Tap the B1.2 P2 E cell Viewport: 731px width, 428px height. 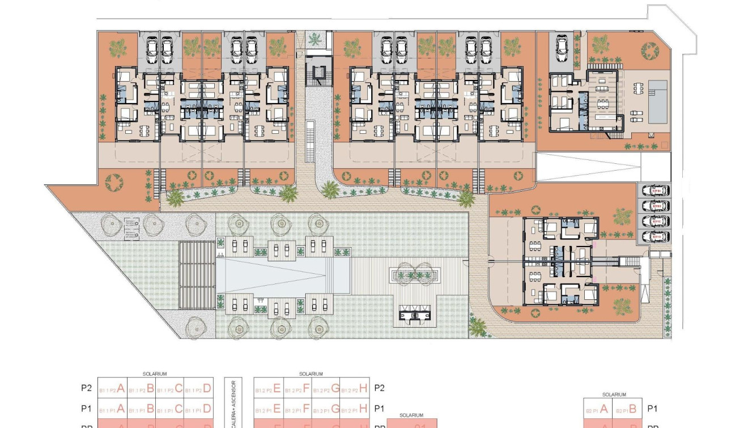coord(268,389)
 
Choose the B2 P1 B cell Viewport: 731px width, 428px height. coord(628,409)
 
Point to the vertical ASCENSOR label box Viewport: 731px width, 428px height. coord(233,402)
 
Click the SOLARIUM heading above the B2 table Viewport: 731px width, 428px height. coord(614,395)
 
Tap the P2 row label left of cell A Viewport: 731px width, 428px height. coord(86,388)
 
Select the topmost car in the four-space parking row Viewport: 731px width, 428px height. coord(654,190)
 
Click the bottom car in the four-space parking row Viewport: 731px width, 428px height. coord(654,236)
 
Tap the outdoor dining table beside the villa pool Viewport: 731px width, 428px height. coord(637,89)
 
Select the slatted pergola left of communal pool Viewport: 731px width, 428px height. coord(197,275)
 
